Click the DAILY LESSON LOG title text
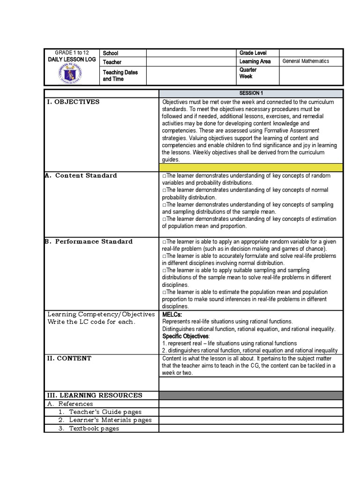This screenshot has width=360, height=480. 71,60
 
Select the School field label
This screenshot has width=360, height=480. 111,53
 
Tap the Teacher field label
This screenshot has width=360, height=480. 112,62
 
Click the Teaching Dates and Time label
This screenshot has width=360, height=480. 120,76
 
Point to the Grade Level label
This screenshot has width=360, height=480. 253,53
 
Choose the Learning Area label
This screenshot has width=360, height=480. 255,61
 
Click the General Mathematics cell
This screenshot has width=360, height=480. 306,61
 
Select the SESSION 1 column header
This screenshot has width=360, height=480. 251,93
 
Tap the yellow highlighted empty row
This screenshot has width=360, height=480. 251,167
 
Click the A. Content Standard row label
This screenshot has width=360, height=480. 81,175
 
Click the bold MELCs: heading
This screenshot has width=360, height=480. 172,314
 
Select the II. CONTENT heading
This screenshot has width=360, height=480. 69,358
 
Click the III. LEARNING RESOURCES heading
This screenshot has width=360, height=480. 94,395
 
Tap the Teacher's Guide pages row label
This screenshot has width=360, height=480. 100,412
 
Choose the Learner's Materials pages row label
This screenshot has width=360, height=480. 105,420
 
